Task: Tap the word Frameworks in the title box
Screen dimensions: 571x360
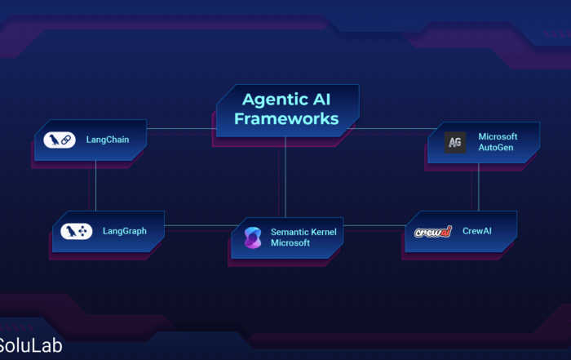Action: point(286,119)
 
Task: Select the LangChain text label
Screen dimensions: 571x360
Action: point(108,140)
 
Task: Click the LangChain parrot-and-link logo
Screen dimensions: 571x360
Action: point(60,140)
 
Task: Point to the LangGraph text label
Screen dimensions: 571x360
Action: point(125,231)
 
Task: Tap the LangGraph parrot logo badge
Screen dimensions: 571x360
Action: point(76,231)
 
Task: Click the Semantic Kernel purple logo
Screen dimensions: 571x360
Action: point(253,238)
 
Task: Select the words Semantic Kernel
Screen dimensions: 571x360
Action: point(303,232)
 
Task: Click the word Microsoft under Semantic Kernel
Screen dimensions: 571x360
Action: point(290,243)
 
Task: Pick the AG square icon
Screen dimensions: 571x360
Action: point(455,143)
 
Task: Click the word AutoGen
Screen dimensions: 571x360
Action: point(496,148)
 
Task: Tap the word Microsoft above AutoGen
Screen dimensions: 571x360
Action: point(498,136)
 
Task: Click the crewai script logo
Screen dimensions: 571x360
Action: point(433,232)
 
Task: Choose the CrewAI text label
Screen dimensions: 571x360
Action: point(477,231)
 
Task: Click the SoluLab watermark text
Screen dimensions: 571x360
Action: point(31,345)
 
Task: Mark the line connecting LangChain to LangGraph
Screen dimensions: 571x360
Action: point(95,186)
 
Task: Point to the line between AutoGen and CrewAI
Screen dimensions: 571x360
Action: point(479,187)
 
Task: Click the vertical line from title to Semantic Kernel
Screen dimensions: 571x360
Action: point(285,177)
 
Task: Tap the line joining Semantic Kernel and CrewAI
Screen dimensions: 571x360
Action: point(374,225)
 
